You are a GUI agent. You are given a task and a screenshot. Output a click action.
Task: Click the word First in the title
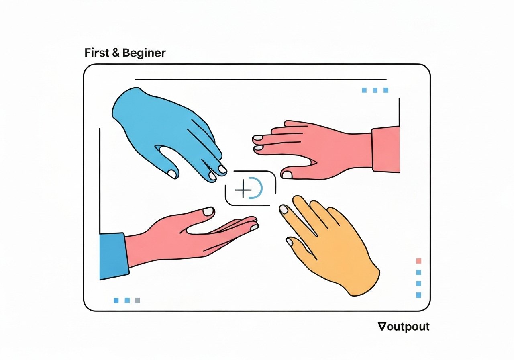[97, 53]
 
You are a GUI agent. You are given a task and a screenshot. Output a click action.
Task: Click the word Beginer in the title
[144, 53]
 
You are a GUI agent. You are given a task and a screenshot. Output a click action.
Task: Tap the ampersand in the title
[116, 53]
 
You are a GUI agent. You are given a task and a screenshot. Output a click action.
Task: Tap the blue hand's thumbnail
[171, 174]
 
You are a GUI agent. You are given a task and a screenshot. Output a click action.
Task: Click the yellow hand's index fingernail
[284, 209]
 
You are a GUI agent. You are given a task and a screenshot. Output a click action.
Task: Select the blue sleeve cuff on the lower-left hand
[113, 256]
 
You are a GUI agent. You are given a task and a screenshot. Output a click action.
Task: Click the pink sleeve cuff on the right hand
[386, 150]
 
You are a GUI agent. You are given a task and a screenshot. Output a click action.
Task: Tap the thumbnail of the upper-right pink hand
[287, 175]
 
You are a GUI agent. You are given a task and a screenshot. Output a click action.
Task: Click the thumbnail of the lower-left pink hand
[208, 211]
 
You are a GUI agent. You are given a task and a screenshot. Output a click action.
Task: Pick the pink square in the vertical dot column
[419, 261]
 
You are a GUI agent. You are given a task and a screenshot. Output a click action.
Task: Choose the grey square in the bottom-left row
[137, 300]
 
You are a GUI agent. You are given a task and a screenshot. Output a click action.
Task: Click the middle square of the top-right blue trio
[375, 90]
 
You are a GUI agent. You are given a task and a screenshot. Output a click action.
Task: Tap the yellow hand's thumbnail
[290, 242]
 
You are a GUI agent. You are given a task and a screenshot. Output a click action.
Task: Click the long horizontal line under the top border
[261, 80]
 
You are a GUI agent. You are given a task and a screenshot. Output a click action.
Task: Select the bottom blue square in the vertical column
[419, 295]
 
